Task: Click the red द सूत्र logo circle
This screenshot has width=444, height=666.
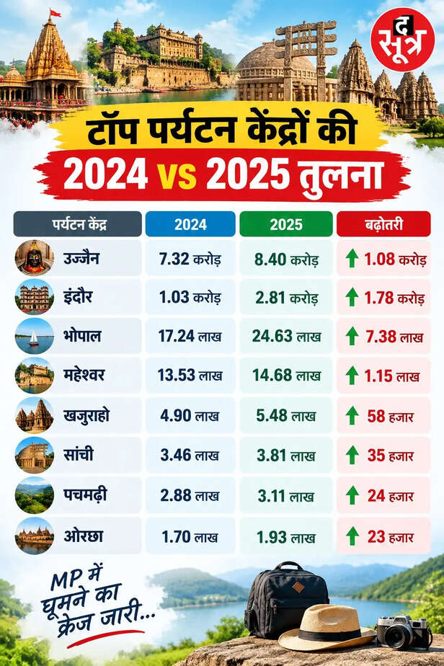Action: [402, 40]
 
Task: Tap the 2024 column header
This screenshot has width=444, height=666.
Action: [190, 224]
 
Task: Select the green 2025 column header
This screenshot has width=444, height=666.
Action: [286, 224]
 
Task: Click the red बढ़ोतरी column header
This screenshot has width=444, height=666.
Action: [383, 224]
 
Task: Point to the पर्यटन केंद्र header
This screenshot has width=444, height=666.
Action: [77, 224]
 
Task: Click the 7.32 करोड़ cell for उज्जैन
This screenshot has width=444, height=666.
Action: [190, 259]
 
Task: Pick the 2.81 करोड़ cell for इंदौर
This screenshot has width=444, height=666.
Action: [286, 298]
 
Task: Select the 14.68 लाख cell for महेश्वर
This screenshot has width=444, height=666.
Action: [286, 376]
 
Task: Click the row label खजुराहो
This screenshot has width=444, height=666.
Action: [86, 415]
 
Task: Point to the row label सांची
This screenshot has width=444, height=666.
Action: [78, 455]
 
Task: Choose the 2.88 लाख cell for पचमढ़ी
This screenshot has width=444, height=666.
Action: [190, 496]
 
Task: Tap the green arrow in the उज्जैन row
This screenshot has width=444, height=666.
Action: [352, 258]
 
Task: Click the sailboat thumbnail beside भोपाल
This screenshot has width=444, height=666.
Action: [35, 337]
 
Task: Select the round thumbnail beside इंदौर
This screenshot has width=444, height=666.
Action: [35, 297]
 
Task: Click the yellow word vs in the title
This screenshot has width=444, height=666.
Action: [177, 175]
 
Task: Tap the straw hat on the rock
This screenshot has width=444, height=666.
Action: [327, 628]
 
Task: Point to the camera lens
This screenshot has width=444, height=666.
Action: [396, 636]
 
